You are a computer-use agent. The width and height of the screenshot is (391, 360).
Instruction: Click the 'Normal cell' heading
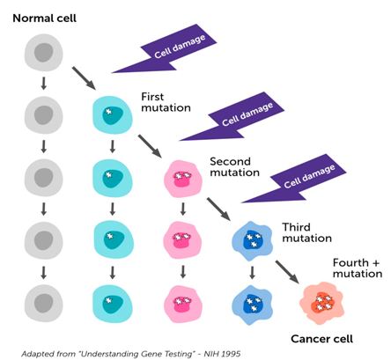[x=44, y=18]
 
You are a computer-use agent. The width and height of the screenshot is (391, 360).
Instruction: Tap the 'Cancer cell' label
[x=321, y=339]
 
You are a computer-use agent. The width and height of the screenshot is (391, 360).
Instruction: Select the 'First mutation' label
[x=166, y=102]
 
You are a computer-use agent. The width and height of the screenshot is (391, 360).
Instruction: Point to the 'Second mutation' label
[x=234, y=166]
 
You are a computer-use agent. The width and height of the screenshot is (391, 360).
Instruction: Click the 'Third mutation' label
[x=306, y=232]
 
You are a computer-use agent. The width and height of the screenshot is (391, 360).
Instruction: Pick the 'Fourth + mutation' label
[x=358, y=268]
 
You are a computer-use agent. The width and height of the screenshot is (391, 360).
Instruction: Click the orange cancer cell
[x=321, y=303]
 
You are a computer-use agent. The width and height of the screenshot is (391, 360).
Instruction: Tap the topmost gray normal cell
[x=43, y=53]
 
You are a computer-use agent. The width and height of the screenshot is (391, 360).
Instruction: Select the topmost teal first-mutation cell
[x=113, y=114]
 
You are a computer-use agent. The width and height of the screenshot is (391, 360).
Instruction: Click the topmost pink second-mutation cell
[x=183, y=179]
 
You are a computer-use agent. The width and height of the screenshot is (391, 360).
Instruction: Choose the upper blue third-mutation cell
[x=252, y=241]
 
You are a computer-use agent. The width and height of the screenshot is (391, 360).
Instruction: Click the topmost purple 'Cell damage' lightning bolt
[x=166, y=50]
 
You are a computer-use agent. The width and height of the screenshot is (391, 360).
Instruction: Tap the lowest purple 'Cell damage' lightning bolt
[x=294, y=180]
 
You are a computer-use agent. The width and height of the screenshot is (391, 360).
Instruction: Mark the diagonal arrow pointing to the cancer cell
[x=287, y=272]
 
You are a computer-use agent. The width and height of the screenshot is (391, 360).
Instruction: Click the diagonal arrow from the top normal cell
[x=84, y=78]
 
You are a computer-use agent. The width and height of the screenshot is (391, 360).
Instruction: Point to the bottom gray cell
[x=43, y=303]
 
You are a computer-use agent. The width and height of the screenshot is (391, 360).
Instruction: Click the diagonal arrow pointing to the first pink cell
[x=150, y=146]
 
